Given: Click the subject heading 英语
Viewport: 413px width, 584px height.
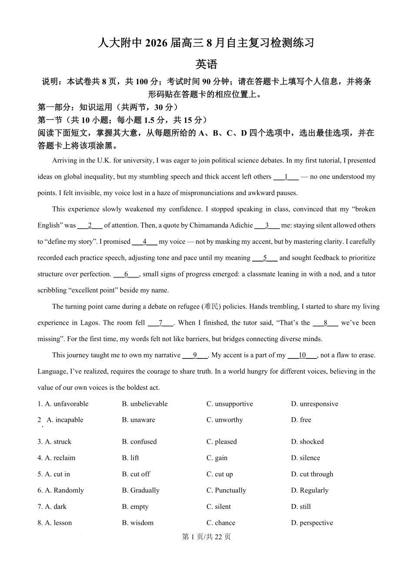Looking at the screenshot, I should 206,65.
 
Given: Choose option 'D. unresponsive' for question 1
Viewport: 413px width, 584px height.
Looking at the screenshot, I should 314,404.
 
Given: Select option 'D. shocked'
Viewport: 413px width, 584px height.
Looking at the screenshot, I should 307,441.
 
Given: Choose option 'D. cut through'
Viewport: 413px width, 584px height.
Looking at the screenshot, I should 312,474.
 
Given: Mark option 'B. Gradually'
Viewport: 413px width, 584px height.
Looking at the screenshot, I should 140,490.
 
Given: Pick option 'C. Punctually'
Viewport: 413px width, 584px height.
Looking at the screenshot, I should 226,490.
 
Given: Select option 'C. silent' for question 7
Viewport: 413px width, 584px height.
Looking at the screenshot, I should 218,507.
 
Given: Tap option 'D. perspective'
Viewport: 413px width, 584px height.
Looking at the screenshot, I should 312,523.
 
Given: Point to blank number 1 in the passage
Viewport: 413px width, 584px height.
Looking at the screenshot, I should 286,177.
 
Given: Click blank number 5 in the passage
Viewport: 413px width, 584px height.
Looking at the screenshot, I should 265,258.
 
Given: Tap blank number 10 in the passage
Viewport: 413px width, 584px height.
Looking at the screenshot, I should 302,355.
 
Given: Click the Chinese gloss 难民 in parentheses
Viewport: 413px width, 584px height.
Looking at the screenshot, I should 211,307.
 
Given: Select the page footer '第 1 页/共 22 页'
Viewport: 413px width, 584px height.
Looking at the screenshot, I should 206,537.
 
